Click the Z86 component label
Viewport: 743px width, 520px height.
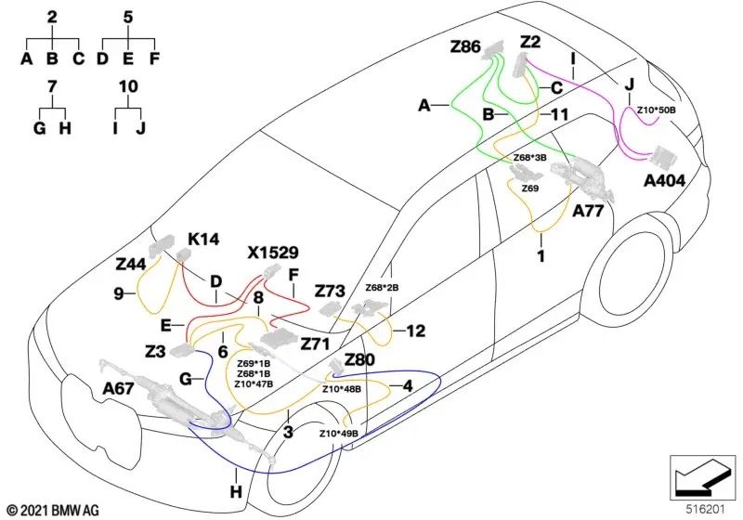[465, 46]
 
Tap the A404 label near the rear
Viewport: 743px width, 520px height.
[664, 180]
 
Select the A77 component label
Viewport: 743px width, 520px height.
[588, 210]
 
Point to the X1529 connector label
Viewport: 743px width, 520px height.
[273, 253]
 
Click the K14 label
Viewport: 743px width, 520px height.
[203, 240]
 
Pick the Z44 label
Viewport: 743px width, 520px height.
[131, 265]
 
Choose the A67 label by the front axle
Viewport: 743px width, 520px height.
[119, 389]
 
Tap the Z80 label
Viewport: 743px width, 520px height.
[359, 360]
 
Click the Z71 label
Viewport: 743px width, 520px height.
[315, 344]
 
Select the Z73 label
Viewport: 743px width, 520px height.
[331, 291]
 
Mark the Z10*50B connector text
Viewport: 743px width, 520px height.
[657, 110]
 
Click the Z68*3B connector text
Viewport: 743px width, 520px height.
[529, 157]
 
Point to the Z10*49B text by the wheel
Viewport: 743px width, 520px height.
[338, 434]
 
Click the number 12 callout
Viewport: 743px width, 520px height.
[415, 331]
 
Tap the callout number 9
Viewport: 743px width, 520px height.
[119, 294]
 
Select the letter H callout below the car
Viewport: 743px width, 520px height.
[236, 492]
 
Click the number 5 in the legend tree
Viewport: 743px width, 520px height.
[128, 18]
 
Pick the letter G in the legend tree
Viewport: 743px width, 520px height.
[40, 128]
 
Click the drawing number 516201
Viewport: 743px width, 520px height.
[706, 510]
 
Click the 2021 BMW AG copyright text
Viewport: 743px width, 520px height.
[54, 510]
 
